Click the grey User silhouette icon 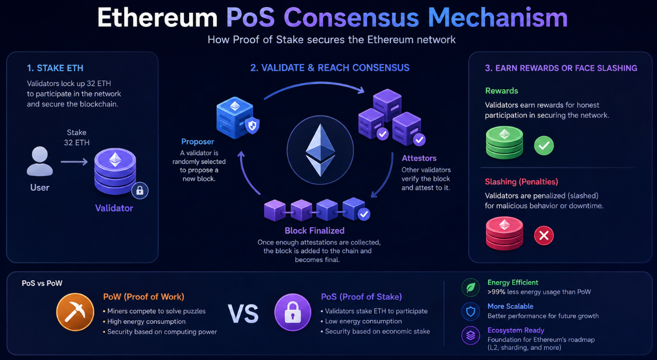[x=40, y=161]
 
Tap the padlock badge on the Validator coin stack [x=140, y=191]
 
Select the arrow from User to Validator [x=74, y=162]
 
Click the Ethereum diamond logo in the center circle [x=320, y=150]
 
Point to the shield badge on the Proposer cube [x=252, y=126]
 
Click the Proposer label [x=197, y=142]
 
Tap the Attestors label [x=419, y=159]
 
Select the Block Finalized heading [x=314, y=231]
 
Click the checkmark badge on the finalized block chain [x=364, y=215]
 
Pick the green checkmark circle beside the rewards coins [x=544, y=145]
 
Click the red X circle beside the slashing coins [x=544, y=235]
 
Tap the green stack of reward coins [x=504, y=142]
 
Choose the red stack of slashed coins [x=504, y=233]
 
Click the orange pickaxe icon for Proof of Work [x=75, y=312]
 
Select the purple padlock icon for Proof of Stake [x=293, y=312]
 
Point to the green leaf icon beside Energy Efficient [x=471, y=287]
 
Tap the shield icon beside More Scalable [x=471, y=312]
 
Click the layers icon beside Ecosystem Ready [x=471, y=336]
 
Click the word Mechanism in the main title [x=498, y=18]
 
